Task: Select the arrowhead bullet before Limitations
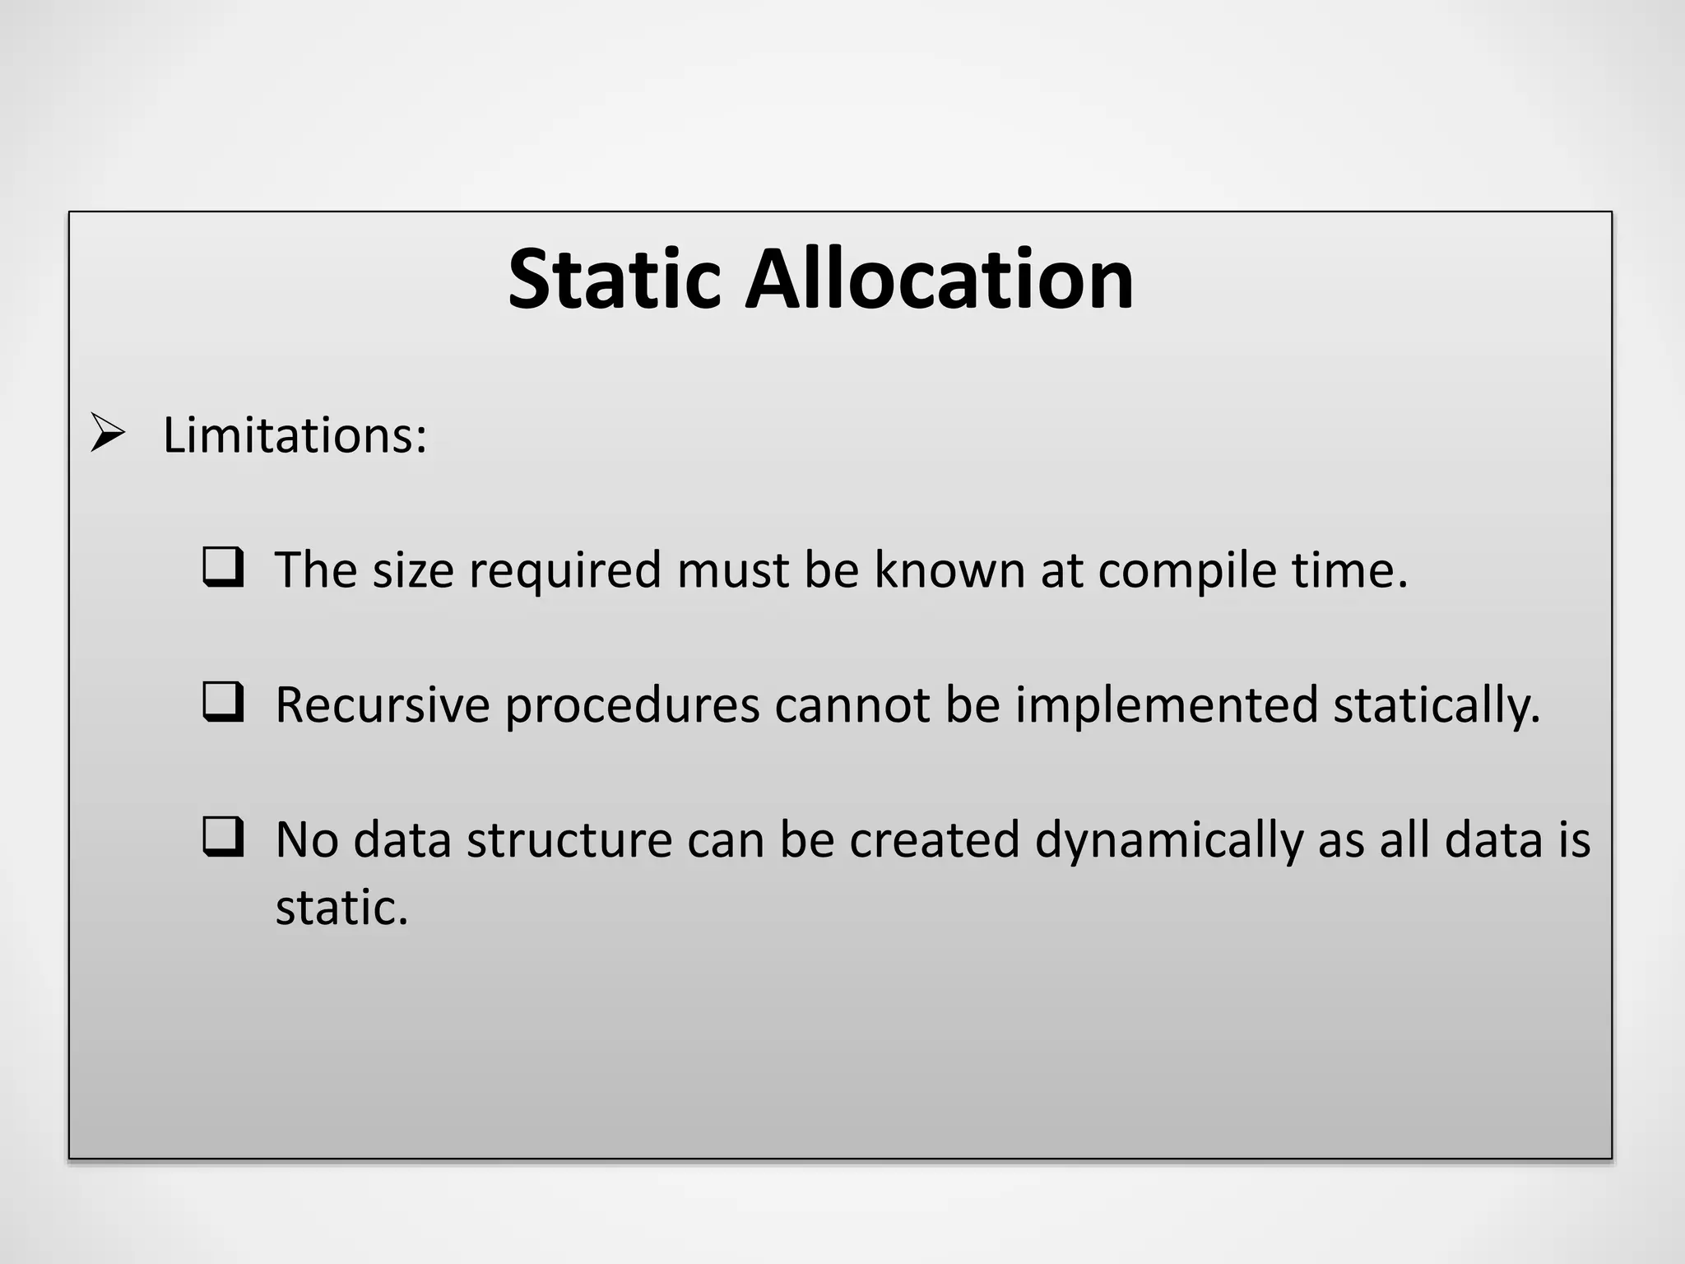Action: [108, 433]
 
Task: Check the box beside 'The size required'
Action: [223, 567]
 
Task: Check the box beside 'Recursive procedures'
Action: [223, 702]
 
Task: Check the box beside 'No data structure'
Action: [223, 837]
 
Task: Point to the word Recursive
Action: [383, 705]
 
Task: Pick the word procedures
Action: [632, 707]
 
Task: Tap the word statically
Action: [1436, 707]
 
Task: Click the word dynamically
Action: [1169, 841]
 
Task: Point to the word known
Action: [949, 569]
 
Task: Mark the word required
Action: [565, 571]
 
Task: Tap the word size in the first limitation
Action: [413, 569]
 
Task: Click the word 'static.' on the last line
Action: [341, 908]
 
